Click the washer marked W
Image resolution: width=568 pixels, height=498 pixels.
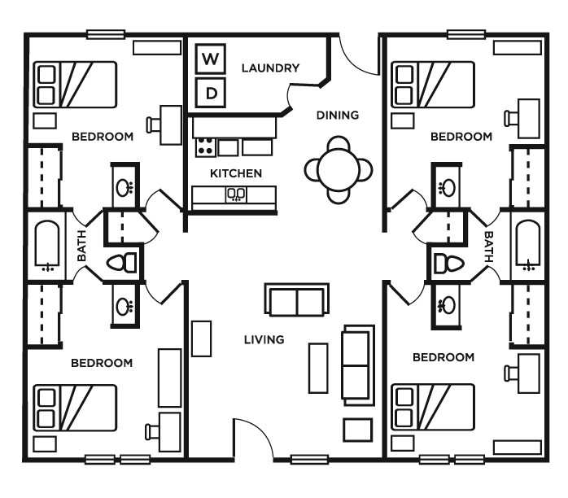click(211, 59)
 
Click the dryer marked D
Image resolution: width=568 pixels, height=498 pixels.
click(211, 92)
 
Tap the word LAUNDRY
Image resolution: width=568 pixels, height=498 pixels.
click(270, 68)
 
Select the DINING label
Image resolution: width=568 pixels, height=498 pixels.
click(337, 115)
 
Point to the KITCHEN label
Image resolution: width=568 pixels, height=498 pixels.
click(236, 173)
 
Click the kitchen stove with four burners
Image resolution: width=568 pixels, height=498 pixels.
click(204, 147)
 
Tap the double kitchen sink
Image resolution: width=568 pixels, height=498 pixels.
click(236, 194)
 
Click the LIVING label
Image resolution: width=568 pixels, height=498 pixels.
click(264, 339)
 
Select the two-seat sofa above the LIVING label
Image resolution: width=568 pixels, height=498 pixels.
click(297, 300)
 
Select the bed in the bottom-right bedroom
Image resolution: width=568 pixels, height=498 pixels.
click(433, 407)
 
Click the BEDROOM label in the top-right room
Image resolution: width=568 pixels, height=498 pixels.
click(461, 137)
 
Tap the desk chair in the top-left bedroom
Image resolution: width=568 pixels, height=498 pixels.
click(153, 124)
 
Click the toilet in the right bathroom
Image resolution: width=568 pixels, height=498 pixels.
click(444, 262)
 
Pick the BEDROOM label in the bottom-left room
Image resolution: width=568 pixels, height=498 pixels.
click(101, 363)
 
